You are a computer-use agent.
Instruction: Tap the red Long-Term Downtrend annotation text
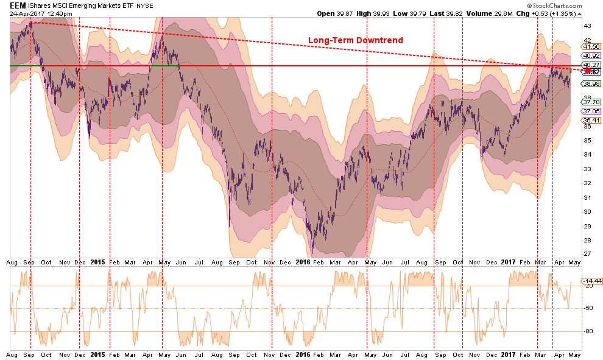(355, 40)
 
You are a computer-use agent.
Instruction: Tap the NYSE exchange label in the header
(145, 5)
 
